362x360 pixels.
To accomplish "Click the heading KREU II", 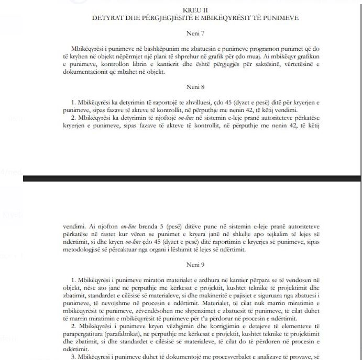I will pos(195,10).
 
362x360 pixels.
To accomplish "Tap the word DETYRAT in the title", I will pos(107,17).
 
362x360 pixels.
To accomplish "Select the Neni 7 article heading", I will pos(195,32).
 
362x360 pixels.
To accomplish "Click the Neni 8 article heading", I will pos(195,87).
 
